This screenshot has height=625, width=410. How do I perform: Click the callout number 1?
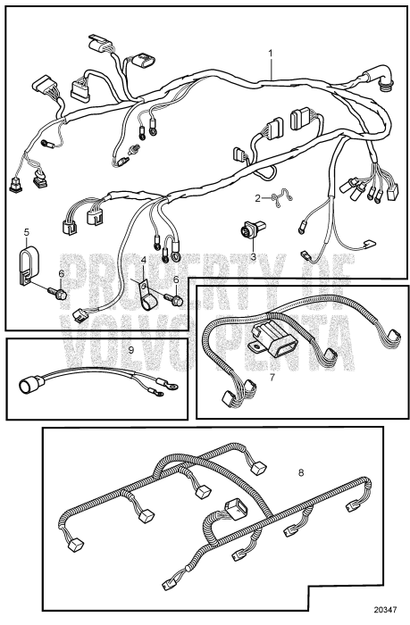point(272,53)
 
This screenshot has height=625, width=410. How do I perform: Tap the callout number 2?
point(258,197)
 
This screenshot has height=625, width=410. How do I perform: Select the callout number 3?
point(253,256)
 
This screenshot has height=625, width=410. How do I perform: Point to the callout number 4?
point(143,262)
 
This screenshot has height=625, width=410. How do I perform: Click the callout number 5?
point(27,231)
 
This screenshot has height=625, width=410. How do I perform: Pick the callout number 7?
point(272,377)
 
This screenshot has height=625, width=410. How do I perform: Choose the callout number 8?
point(301,472)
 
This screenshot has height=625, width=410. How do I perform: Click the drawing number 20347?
point(385,610)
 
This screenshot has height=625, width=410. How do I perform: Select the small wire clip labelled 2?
point(282,198)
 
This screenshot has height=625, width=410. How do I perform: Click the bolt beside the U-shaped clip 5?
point(57,294)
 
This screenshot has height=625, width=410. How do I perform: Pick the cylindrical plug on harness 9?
point(29,383)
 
